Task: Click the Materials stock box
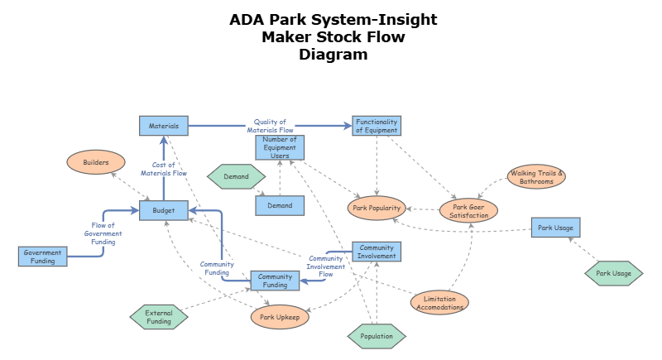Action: tap(164, 126)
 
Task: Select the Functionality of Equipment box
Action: tap(377, 126)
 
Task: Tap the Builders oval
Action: tap(96, 162)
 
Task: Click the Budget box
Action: tap(164, 210)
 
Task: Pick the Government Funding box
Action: tap(43, 257)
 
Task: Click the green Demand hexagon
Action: tap(236, 176)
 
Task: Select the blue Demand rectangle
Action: tap(280, 205)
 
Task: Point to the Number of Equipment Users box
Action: tap(280, 147)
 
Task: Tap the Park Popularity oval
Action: tap(377, 209)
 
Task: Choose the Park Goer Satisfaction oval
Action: tap(468, 210)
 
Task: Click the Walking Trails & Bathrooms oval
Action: tap(536, 177)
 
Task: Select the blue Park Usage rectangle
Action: tap(555, 228)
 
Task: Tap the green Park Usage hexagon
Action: tap(613, 273)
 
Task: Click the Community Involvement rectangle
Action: tap(377, 252)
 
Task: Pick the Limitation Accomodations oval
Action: tap(439, 302)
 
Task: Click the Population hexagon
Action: tap(377, 336)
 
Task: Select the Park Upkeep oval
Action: tap(280, 316)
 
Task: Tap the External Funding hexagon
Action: tap(159, 317)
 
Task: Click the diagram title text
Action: tap(333, 37)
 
